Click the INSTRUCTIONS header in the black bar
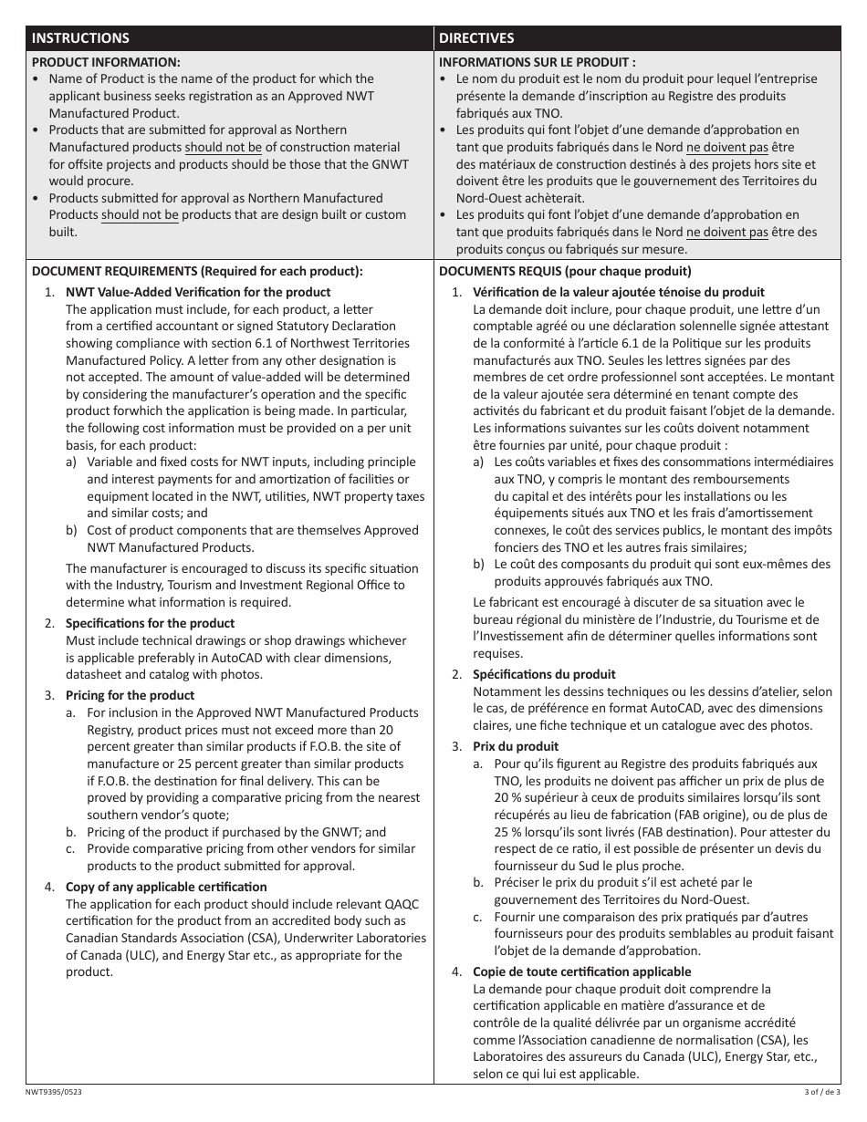point(80,38)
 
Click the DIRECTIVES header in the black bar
point(476,38)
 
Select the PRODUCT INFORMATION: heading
point(106,62)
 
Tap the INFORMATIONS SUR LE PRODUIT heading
point(538,62)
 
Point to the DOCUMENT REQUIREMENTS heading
point(197,271)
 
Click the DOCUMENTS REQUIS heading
point(565,271)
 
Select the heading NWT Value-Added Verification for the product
point(198,292)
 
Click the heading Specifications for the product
point(150,623)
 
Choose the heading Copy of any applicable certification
point(166,887)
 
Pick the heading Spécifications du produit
point(544,674)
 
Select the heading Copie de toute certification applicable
point(581,971)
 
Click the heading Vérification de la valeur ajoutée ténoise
point(605,292)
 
